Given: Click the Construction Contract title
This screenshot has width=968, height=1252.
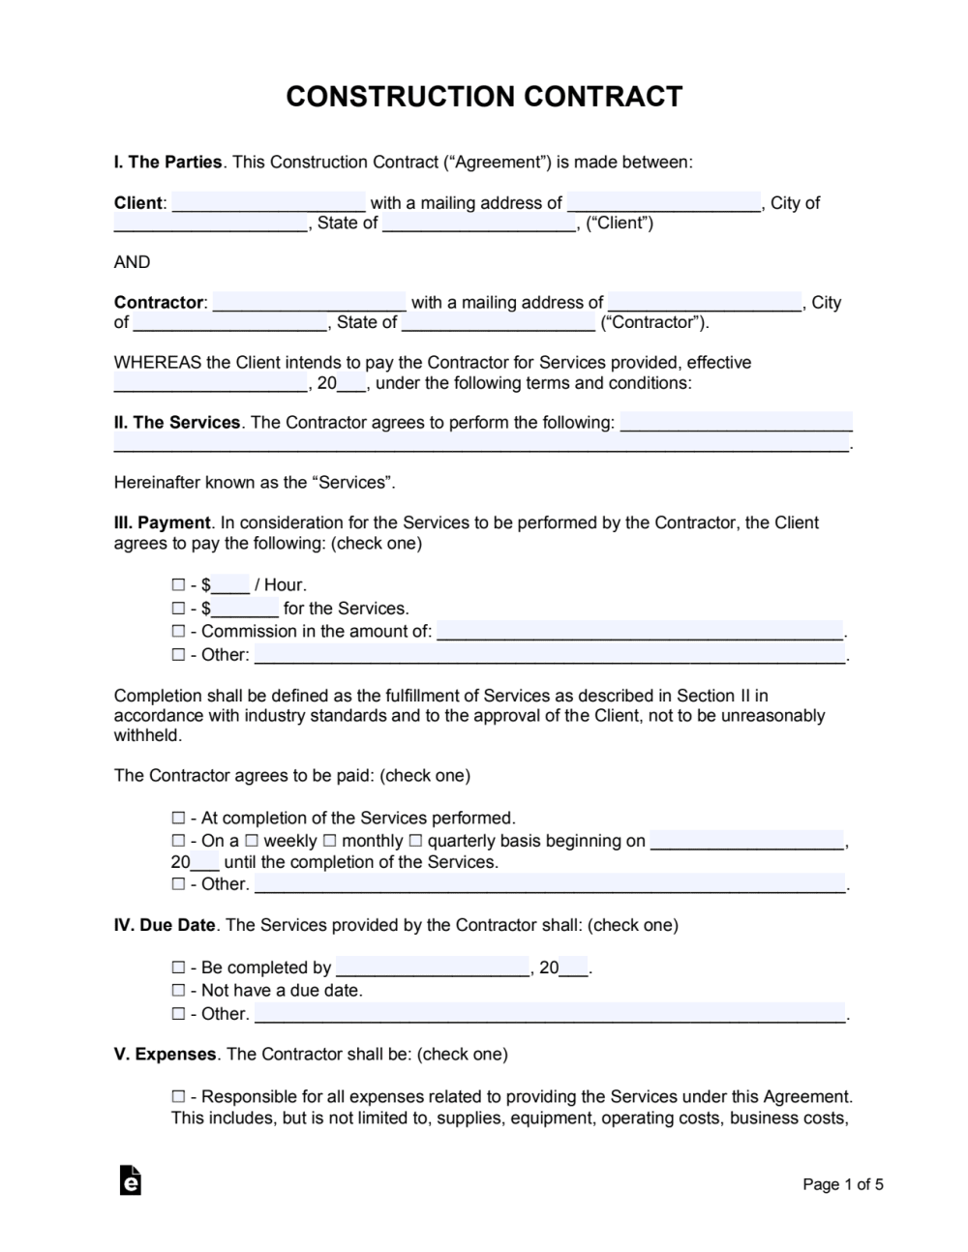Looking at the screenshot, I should coord(484,97).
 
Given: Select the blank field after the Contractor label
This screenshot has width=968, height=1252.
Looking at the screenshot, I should coord(309,303).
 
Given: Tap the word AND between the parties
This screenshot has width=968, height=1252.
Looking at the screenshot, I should coord(133,262).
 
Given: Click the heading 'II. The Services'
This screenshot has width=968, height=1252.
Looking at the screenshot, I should coord(177,423).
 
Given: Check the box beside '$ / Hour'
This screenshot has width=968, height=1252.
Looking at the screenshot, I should coord(178,584).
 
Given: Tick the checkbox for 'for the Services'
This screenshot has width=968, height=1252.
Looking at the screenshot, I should coord(178,609).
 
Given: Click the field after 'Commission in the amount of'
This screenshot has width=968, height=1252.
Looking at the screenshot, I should coord(640,632).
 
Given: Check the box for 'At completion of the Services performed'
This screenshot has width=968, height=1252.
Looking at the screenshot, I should coord(178,818).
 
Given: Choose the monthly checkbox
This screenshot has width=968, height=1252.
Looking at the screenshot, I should coord(330,841).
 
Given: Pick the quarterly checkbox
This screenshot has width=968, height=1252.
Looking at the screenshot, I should coord(415,841).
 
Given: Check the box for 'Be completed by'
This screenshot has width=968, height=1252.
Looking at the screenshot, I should coord(178,968).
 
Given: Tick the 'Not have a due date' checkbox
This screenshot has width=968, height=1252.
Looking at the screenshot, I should coord(178,991).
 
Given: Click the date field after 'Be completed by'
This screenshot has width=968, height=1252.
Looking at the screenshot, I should coord(433,968).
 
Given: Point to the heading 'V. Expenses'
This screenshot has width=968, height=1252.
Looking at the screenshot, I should coord(166,1055).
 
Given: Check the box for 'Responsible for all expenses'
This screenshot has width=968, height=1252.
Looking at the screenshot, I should coord(178,1097).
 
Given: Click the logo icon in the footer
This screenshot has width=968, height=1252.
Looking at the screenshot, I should coord(131,1181).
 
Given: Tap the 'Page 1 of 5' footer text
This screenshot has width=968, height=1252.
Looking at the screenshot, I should coord(843,1184).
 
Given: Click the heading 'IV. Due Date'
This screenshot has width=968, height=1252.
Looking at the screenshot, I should coord(165,925).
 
